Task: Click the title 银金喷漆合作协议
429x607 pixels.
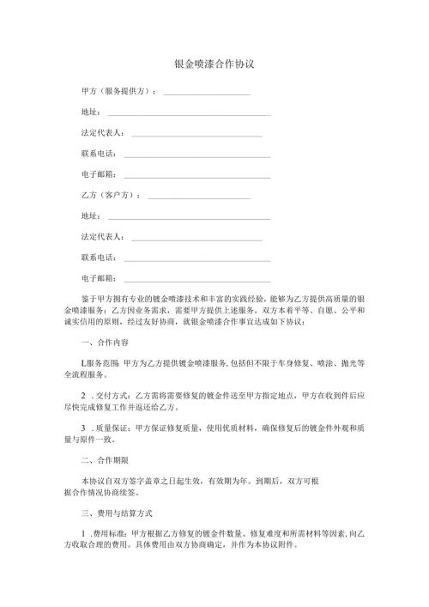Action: [x=214, y=64]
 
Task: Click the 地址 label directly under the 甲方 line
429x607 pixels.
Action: [x=89, y=112]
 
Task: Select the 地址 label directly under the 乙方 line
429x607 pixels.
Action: [x=89, y=216]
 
